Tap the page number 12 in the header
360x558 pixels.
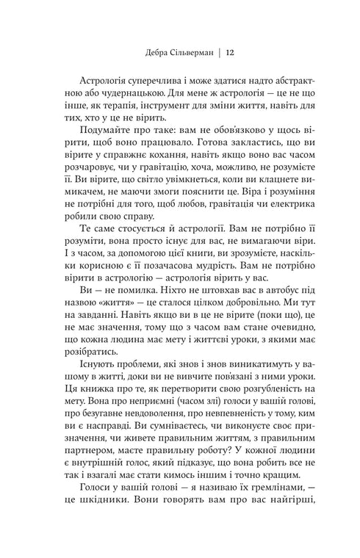pyautogui.click(x=230, y=52)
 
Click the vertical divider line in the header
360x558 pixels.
pyautogui.click(x=218, y=52)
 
